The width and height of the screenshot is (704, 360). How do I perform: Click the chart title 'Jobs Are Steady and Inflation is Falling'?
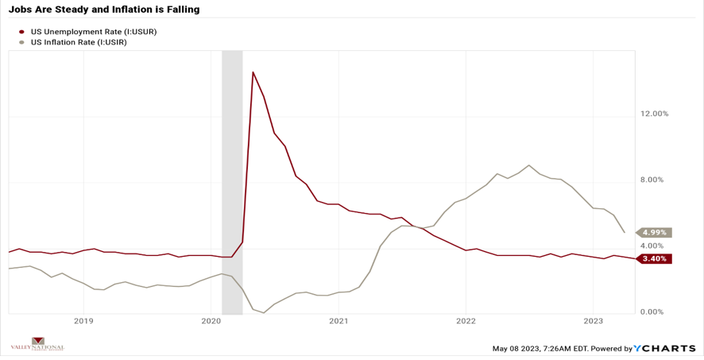(104, 10)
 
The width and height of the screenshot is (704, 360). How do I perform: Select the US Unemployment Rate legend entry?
(93, 32)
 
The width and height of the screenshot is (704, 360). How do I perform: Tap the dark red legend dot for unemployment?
(21, 32)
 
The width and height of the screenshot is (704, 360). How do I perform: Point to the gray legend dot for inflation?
(21, 42)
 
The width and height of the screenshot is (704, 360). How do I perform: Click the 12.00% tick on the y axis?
(655, 114)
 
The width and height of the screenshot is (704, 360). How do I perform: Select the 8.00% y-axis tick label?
(655, 180)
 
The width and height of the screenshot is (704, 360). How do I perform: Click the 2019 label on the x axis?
(83, 321)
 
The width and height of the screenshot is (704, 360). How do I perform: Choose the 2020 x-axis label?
(211, 321)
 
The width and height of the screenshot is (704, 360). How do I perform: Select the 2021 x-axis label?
(338, 321)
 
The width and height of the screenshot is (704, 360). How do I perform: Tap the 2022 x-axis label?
(466, 321)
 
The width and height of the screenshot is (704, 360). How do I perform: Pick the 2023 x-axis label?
(593, 321)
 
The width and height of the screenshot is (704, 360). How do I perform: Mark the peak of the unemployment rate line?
(253, 72)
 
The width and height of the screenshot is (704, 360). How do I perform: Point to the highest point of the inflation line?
(528, 165)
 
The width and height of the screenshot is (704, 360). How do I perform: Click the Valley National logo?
(37, 344)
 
